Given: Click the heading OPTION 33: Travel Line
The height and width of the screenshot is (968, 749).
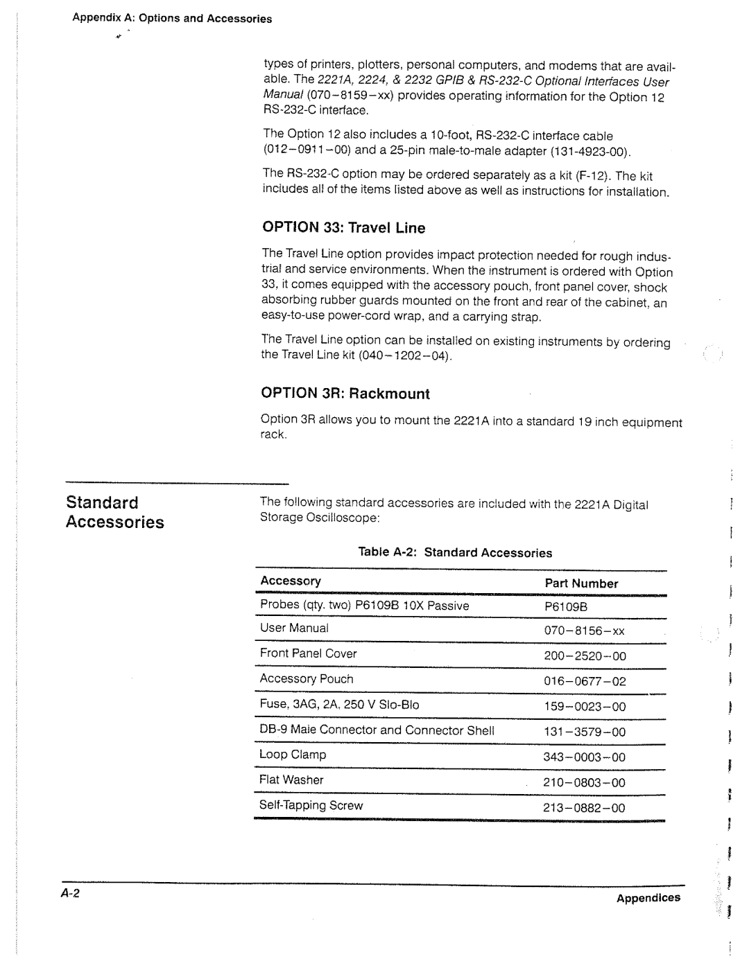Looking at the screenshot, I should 343,228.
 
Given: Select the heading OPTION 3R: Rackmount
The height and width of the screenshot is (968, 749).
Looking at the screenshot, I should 345,394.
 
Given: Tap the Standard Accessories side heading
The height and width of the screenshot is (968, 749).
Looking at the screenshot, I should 115,512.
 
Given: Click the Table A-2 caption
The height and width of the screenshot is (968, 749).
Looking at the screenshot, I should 455,552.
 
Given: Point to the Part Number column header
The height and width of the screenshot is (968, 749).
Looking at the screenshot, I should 580,583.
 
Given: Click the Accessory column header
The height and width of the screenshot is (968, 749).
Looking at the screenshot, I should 291,581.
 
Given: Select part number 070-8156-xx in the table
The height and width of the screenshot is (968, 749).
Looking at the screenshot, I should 594,631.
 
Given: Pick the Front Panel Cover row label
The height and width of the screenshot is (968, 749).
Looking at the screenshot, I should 308,653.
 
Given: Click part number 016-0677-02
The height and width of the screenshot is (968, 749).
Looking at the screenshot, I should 594,681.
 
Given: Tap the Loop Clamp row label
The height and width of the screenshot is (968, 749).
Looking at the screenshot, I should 293,755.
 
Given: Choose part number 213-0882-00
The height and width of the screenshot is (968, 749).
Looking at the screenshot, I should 594,808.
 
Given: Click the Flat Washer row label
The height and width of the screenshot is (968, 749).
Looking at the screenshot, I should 291,780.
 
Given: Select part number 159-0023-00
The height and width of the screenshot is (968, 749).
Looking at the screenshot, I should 594,707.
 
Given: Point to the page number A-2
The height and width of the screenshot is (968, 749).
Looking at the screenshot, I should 71,894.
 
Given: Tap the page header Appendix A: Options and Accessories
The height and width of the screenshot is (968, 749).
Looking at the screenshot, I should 172,19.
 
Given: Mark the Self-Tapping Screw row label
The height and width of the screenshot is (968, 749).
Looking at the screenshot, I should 311,805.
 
